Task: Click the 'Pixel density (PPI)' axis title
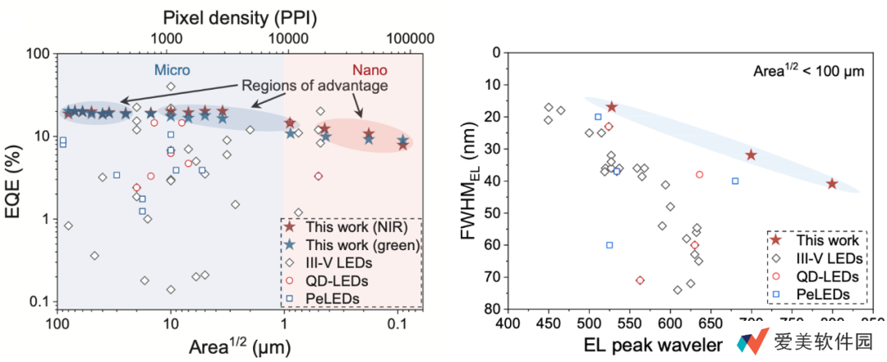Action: point(239,16)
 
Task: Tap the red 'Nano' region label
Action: point(370,70)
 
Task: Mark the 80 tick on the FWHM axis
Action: point(494,309)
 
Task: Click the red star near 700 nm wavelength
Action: point(751,155)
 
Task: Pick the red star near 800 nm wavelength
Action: point(832,183)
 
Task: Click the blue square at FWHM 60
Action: point(609,244)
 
